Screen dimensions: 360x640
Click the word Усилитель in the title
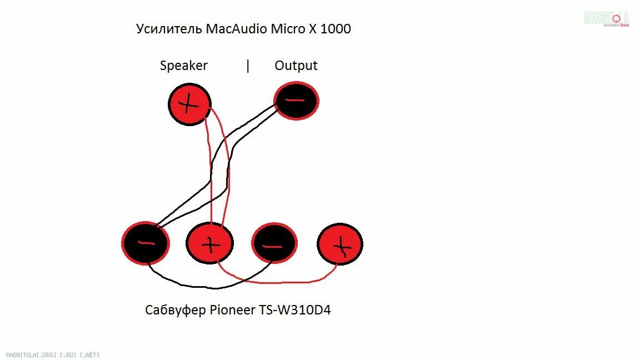tap(169, 29)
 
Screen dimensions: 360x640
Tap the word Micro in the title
tap(287, 29)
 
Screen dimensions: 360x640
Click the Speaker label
tap(183, 66)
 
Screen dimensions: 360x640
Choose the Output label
tap(296, 66)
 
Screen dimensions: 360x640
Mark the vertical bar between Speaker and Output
tap(248, 66)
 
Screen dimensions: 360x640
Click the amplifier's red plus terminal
tap(189, 104)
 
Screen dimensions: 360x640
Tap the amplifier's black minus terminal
tap(296, 101)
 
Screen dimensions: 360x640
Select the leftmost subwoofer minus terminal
tap(145, 243)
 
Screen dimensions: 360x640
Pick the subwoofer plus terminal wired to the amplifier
tap(209, 243)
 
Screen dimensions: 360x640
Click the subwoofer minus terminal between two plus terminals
tap(274, 243)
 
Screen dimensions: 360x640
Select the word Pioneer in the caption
tap(233, 310)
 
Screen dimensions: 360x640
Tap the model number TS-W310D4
tap(294, 310)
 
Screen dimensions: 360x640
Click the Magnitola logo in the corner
tap(606, 18)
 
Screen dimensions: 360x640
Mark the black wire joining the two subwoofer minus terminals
tap(211, 287)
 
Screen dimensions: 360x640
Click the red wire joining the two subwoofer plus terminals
tap(278, 282)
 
